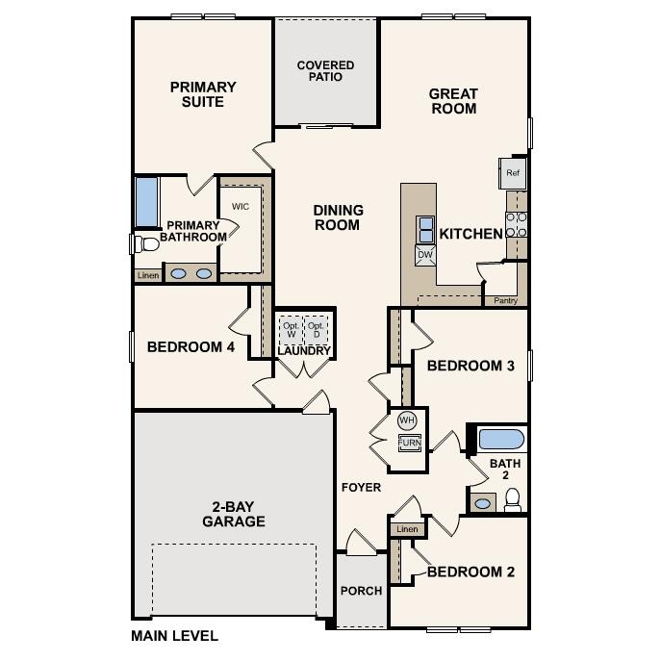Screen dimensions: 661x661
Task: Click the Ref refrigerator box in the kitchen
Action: [x=512, y=173]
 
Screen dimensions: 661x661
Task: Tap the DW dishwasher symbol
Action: [x=425, y=255]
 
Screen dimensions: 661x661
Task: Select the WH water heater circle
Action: [x=407, y=420]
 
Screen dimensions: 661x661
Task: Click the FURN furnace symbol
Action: [x=410, y=444]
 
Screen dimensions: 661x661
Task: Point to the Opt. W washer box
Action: [x=291, y=328]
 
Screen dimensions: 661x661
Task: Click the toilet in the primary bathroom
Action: [x=144, y=243]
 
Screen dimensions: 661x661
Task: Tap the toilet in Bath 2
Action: [x=513, y=499]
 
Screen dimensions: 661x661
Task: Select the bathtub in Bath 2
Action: [x=501, y=440]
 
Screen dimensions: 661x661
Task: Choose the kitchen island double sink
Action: [x=425, y=230]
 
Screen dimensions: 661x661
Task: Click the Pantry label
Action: [x=505, y=301]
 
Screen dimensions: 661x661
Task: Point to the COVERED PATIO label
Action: [x=325, y=71]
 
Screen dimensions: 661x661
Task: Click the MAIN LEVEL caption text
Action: [x=174, y=636]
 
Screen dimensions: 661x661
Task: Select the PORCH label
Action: [x=362, y=591]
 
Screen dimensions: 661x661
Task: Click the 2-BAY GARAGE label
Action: [x=234, y=515]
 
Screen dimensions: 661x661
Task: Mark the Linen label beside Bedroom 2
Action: [x=406, y=529]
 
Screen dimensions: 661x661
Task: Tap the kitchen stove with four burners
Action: [x=517, y=225]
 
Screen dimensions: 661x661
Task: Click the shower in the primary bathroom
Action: [x=146, y=201]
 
